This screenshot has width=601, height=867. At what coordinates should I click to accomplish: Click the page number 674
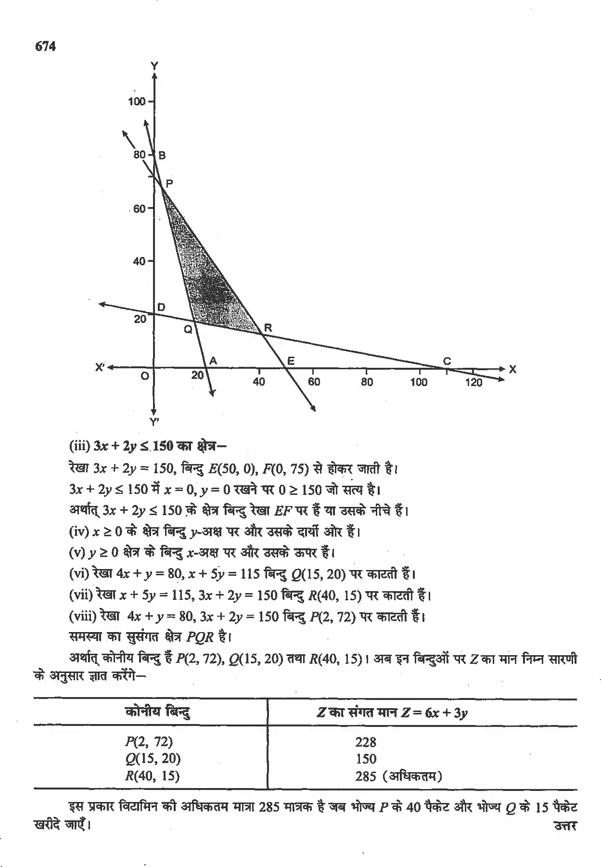(x=45, y=47)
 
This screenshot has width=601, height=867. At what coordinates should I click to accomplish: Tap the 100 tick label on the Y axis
(x=137, y=102)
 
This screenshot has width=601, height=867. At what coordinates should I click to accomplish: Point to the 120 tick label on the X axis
(x=474, y=382)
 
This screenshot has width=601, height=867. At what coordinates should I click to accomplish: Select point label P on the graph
(x=169, y=183)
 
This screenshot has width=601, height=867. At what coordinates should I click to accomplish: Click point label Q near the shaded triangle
(x=188, y=329)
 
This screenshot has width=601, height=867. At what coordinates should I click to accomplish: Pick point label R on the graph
(x=268, y=328)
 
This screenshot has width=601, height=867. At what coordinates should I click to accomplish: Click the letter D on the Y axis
(x=161, y=307)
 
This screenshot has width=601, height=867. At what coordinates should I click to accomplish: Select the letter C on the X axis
(x=447, y=361)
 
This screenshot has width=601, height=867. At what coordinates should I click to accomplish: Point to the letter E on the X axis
(x=291, y=361)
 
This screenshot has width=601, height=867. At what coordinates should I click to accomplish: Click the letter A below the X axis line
(x=213, y=361)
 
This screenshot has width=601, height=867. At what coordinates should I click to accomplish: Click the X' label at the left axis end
(x=100, y=367)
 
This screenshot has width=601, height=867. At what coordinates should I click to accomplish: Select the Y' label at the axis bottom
(x=154, y=422)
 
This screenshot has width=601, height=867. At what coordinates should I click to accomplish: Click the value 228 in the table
(x=366, y=742)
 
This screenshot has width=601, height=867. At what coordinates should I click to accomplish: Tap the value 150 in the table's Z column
(x=366, y=759)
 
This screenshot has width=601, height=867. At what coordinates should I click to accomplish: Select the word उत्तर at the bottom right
(x=565, y=826)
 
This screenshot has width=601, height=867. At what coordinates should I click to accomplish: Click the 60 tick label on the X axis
(x=314, y=382)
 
